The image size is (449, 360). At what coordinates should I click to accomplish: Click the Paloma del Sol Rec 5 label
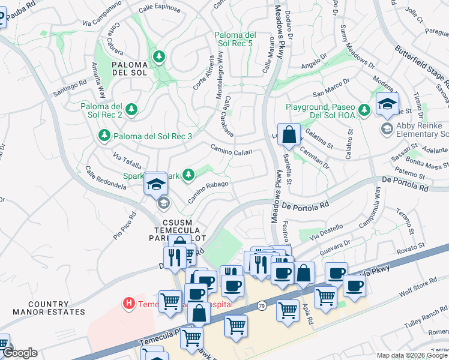point(234,40)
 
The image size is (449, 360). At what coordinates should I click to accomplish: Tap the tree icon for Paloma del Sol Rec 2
point(131,110)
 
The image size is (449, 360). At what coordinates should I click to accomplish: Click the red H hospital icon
point(128,304)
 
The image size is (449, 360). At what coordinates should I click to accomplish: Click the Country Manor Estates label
point(49,308)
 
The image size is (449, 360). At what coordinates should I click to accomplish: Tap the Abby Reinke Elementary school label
point(418,129)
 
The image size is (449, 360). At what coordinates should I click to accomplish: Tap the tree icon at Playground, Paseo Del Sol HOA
point(363,109)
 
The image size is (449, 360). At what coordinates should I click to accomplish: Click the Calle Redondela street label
point(106,178)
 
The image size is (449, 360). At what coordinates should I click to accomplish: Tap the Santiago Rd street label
point(70,89)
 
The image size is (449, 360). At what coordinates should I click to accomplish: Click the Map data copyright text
point(411,355)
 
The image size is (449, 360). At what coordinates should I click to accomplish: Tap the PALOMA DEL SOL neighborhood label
point(129,69)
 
